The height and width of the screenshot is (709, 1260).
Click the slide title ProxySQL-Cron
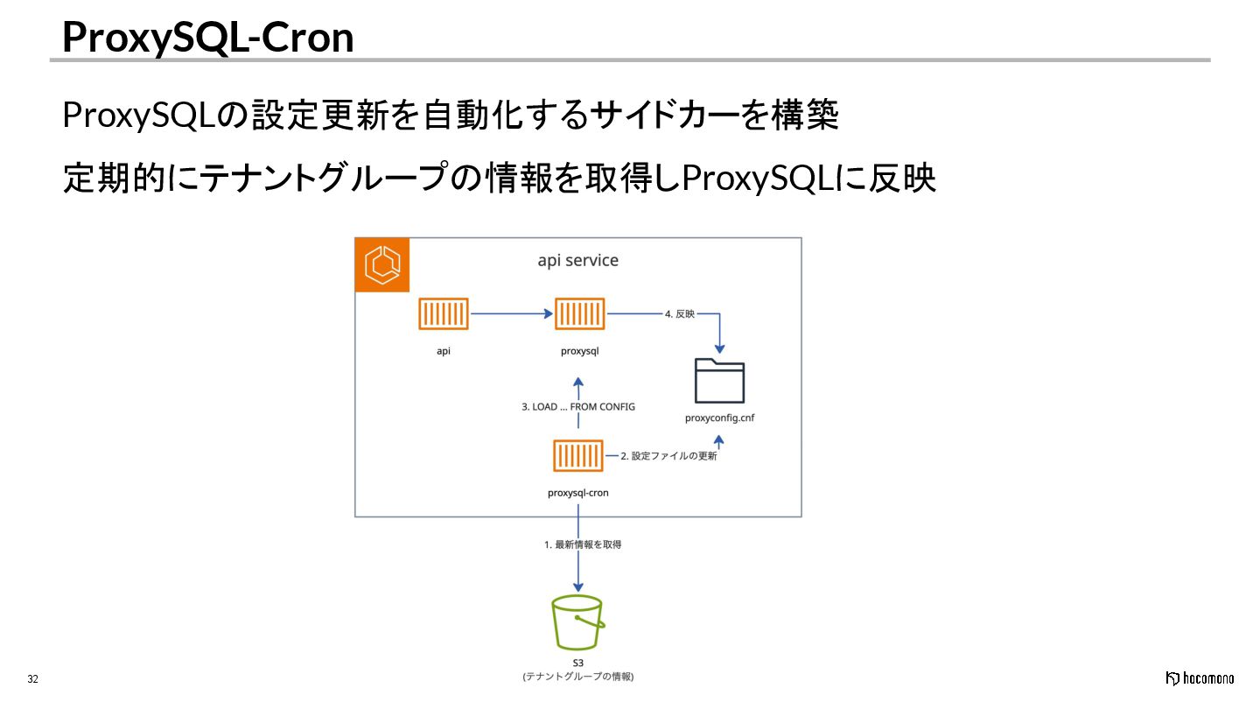pyautogui.click(x=208, y=37)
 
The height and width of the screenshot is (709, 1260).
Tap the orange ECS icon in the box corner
pyautogui.click(x=382, y=264)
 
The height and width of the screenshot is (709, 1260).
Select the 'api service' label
pyautogui.click(x=577, y=261)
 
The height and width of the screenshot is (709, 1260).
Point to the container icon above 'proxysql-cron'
pyautogui.click(x=577, y=456)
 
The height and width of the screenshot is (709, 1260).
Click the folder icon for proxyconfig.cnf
pyautogui.click(x=719, y=381)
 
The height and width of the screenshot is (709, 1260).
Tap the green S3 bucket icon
pyautogui.click(x=577, y=622)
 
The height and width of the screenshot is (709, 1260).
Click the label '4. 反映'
pyautogui.click(x=679, y=313)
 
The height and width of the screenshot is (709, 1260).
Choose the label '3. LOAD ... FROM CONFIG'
pyautogui.click(x=578, y=407)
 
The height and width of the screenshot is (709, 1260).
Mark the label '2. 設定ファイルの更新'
pyautogui.click(x=668, y=456)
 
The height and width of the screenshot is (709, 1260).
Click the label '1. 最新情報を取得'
pyautogui.click(x=583, y=544)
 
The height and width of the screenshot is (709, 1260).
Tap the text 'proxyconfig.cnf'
pyautogui.click(x=719, y=418)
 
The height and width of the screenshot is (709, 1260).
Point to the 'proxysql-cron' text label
pyautogui.click(x=577, y=493)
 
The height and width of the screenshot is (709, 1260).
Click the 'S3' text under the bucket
pyautogui.click(x=577, y=663)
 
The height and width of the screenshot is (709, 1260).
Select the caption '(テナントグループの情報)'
pyautogui.click(x=577, y=677)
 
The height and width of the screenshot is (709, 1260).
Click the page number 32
pyautogui.click(x=33, y=679)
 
